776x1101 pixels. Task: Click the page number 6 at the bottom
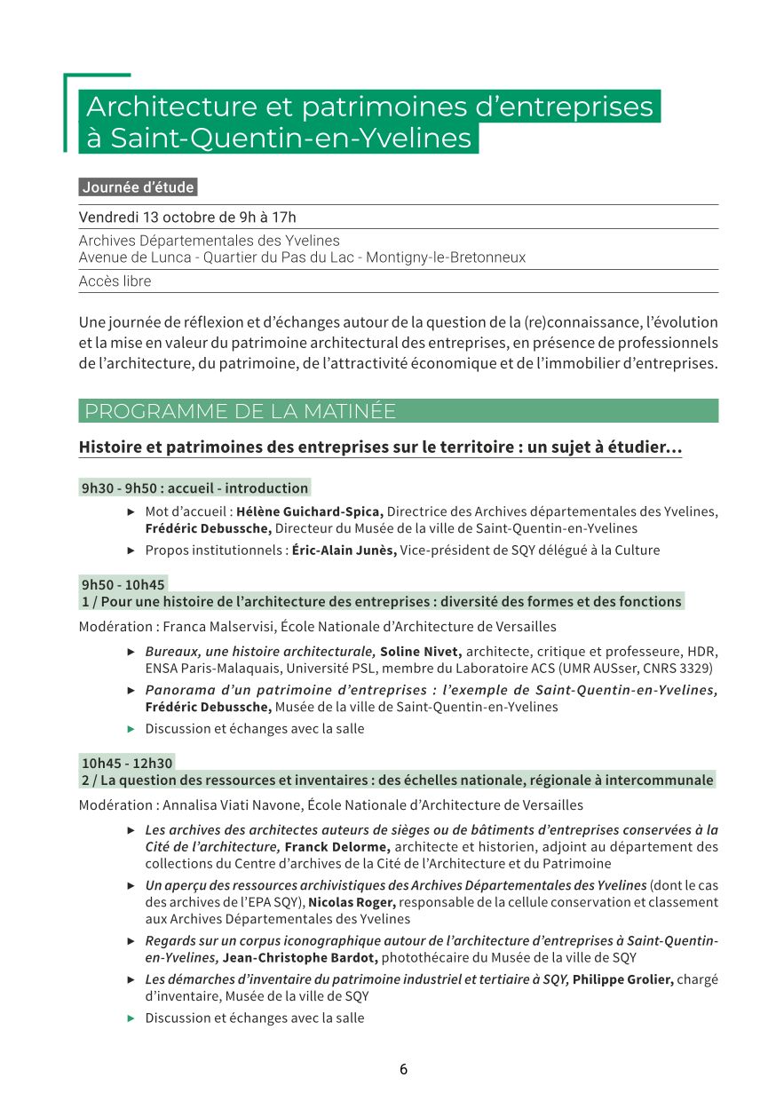pos(403,1069)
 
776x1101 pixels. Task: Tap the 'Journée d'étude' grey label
pos(138,187)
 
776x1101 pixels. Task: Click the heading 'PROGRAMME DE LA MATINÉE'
pos(241,411)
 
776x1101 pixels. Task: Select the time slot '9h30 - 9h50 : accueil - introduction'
pos(194,487)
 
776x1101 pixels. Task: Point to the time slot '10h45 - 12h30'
pos(127,763)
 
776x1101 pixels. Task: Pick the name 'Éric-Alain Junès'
pos(344,550)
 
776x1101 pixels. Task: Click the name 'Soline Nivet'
pos(421,652)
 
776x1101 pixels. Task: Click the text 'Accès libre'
pos(115,281)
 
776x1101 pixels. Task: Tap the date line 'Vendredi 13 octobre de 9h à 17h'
pos(187,218)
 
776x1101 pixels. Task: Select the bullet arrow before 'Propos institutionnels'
pos(131,550)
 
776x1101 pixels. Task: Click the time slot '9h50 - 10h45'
pos(123,584)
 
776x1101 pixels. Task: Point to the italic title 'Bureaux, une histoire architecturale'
pos(260,652)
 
